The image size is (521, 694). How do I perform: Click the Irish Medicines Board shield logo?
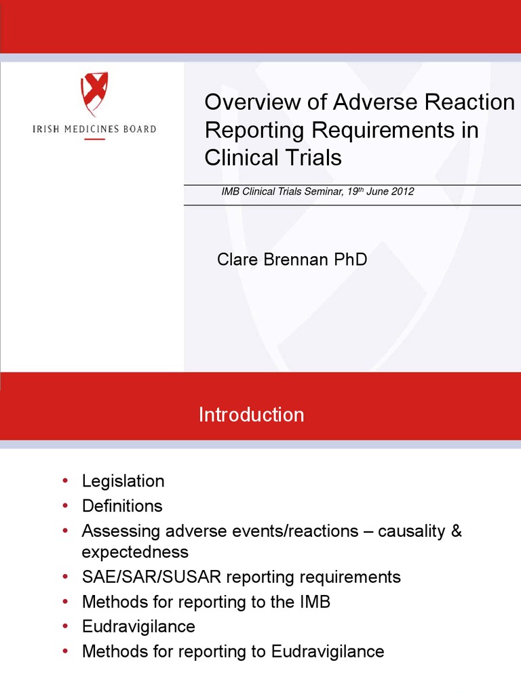(95, 94)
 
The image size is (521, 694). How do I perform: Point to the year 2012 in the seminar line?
(402, 192)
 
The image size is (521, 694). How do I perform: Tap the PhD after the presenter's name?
(350, 259)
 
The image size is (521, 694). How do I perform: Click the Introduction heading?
(251, 415)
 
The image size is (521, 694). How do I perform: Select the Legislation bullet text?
(123, 481)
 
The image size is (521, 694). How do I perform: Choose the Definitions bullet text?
(122, 506)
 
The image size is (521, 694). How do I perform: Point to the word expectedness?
(135, 551)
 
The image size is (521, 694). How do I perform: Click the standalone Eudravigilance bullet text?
(138, 626)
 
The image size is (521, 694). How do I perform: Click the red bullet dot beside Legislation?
(65, 481)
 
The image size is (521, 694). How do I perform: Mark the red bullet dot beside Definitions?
(65, 505)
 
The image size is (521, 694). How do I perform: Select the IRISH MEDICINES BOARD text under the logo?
(94, 129)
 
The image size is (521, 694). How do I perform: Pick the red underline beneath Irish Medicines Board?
(94, 140)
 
